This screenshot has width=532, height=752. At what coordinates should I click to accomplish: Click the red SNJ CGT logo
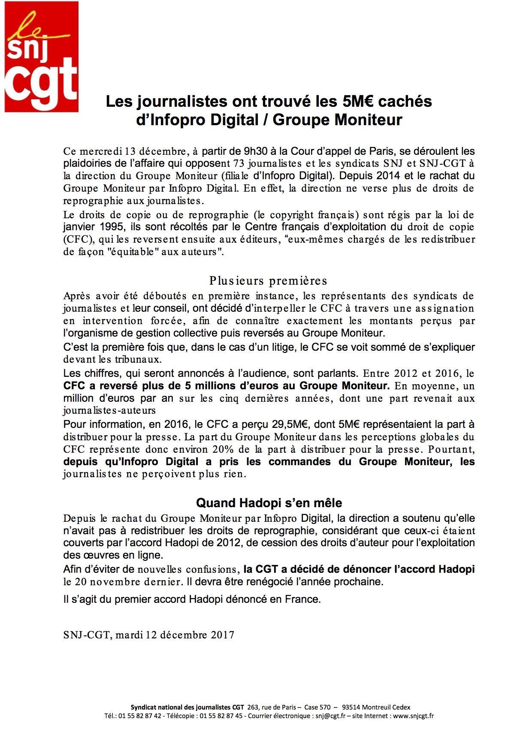(x=42, y=57)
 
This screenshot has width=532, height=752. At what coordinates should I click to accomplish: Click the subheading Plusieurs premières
(x=268, y=280)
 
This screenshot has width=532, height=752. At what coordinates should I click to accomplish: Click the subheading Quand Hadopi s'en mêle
(x=269, y=503)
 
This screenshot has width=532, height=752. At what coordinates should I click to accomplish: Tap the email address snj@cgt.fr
(x=330, y=716)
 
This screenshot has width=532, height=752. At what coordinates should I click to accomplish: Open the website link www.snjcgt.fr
(x=413, y=716)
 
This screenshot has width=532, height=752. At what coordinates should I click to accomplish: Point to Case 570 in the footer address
(x=317, y=707)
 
